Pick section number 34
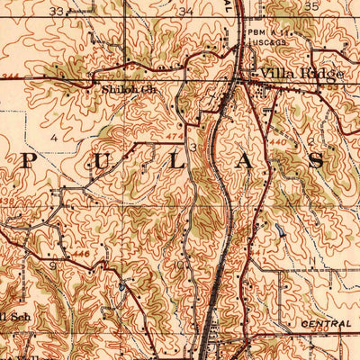186,12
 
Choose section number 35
311,5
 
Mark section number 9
53,265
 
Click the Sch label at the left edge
14,317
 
